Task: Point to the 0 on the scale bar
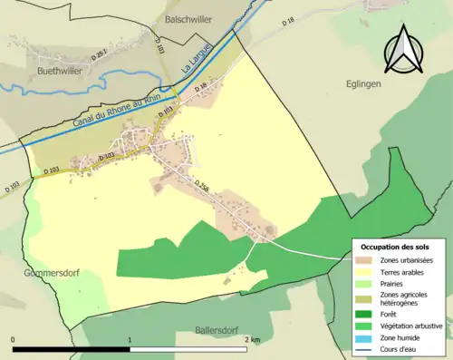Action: tap(14, 339)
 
